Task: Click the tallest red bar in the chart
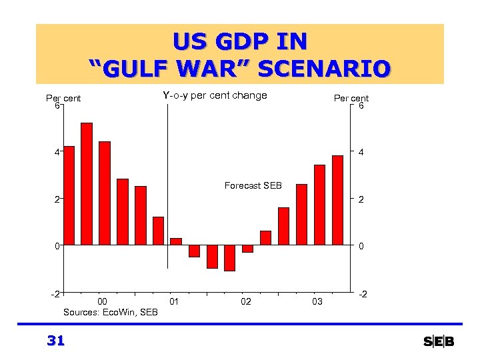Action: pyautogui.click(x=87, y=183)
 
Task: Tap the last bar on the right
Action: pyautogui.click(x=337, y=200)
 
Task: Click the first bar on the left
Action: pyautogui.click(x=69, y=195)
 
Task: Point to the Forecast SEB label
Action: pyautogui.click(x=253, y=185)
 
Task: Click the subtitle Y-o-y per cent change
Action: pyautogui.click(x=215, y=95)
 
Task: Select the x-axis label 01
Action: pyautogui.click(x=175, y=302)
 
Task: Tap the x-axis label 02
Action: pyautogui.click(x=246, y=302)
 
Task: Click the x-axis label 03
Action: pyautogui.click(x=317, y=302)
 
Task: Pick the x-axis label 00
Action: pyautogui.click(x=103, y=302)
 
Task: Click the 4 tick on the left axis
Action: pyautogui.click(x=57, y=152)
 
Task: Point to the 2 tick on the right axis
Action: pyautogui.click(x=361, y=199)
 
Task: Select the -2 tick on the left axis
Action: pyautogui.click(x=56, y=293)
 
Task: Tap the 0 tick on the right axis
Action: pyautogui.click(x=361, y=246)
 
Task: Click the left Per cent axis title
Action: pyautogui.click(x=63, y=98)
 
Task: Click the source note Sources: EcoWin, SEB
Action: pyautogui.click(x=111, y=312)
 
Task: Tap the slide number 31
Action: pyautogui.click(x=56, y=341)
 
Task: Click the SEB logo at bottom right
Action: pyautogui.click(x=439, y=341)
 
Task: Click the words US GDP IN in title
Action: pyautogui.click(x=240, y=42)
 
